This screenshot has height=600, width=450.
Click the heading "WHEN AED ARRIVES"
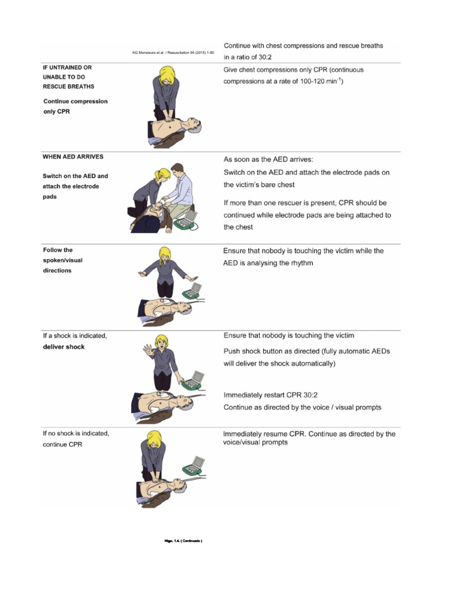73,156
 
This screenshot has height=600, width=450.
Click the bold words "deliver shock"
63,347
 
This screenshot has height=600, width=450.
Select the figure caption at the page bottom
183,541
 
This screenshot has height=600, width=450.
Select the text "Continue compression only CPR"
76,106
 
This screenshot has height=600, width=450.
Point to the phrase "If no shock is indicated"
76,434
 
